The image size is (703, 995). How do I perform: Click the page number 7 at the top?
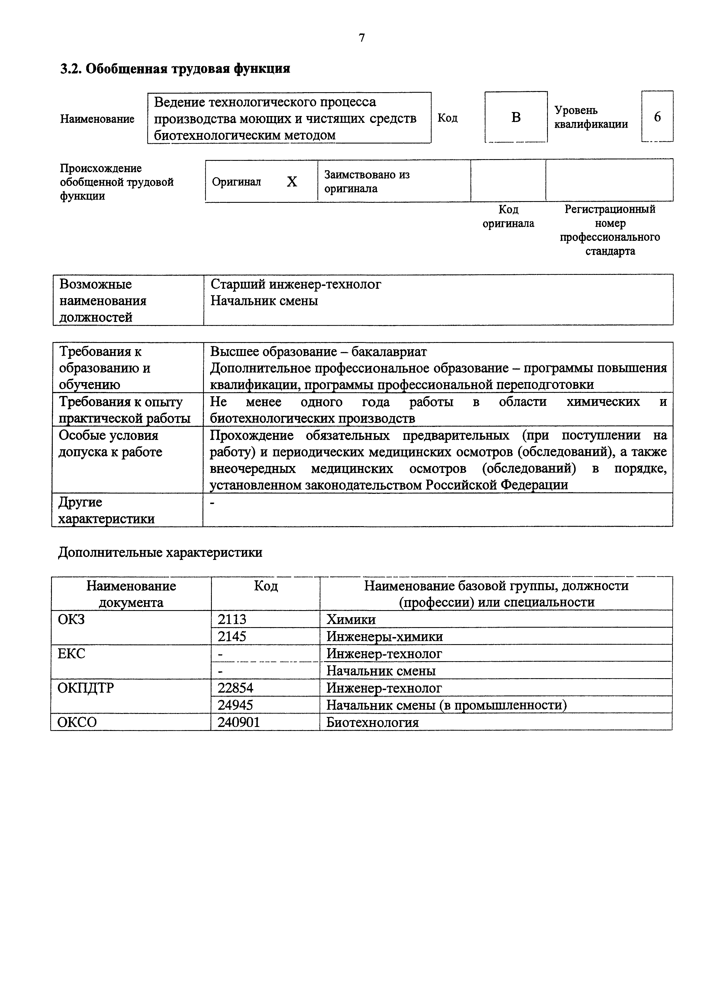pyautogui.click(x=362, y=38)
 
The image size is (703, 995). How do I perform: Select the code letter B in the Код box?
pyautogui.click(x=516, y=117)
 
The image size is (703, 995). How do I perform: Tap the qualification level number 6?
pyautogui.click(x=657, y=117)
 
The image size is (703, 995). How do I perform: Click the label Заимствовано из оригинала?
pyautogui.click(x=367, y=182)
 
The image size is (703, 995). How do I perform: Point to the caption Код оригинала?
pyautogui.click(x=508, y=216)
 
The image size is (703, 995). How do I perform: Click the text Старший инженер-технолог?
pyautogui.click(x=296, y=284)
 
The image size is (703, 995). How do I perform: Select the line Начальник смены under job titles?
pyautogui.click(x=264, y=301)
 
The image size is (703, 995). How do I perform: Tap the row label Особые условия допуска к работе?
pyautogui.click(x=110, y=443)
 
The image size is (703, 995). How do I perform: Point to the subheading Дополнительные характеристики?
pyautogui.click(x=160, y=553)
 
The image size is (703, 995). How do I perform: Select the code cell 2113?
pyautogui.click(x=232, y=619)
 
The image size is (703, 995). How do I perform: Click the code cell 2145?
pyautogui.click(x=232, y=636)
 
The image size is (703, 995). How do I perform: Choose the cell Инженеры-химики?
pyautogui.click(x=385, y=636)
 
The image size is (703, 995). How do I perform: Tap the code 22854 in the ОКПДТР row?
pyautogui.click(x=235, y=688)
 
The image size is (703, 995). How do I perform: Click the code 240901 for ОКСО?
pyautogui.click(x=239, y=722)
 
